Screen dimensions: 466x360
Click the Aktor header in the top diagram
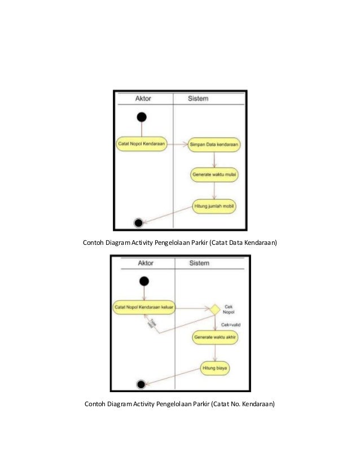click(x=143, y=98)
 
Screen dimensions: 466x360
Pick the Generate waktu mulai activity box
click(x=214, y=174)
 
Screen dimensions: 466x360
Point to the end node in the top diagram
click(x=138, y=223)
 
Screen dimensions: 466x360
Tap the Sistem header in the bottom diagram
click(x=199, y=263)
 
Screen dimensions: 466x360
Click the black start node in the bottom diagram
click(x=144, y=281)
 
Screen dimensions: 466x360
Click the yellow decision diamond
click(x=214, y=309)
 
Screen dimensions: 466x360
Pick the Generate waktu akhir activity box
click(x=215, y=338)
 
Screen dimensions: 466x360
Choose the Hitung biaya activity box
click(x=216, y=369)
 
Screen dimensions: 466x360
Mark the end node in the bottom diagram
click(x=141, y=385)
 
